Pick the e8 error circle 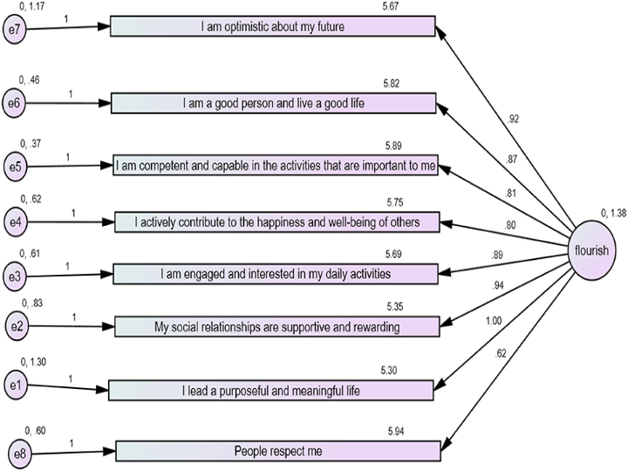click(19, 453)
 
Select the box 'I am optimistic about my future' click(272, 27)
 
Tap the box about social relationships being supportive click(276, 326)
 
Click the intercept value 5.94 click(399, 431)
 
